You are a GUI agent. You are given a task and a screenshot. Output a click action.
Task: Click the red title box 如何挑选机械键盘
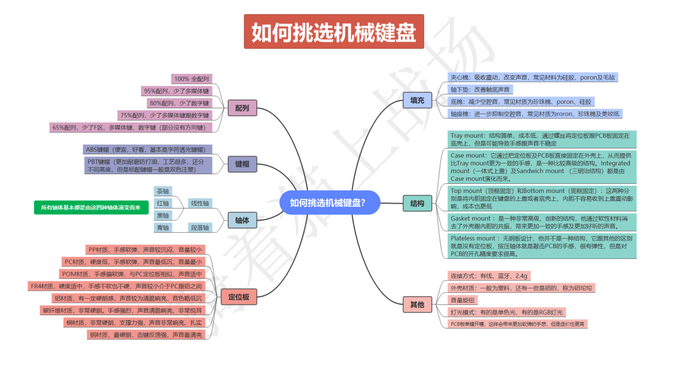point(334,32)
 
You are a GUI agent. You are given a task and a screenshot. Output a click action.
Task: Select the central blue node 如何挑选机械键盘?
point(328,203)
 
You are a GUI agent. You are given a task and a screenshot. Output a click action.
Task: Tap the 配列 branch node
point(242,108)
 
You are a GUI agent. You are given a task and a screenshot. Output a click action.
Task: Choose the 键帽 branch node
point(242,164)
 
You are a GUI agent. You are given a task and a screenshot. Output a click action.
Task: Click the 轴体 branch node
point(242,220)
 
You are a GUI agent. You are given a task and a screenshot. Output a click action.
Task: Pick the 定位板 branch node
point(239,297)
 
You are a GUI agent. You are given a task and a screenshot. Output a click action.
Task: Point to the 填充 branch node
point(417,100)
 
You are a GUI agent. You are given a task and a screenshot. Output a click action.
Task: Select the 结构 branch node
point(417,203)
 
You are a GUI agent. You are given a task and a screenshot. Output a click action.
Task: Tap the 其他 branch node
point(417,305)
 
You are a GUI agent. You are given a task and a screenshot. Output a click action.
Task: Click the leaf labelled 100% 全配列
point(192,79)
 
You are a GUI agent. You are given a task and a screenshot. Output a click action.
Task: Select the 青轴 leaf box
point(163,228)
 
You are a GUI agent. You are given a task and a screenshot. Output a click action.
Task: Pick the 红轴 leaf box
point(163,204)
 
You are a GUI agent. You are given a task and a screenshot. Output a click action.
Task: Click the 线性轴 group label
point(200,204)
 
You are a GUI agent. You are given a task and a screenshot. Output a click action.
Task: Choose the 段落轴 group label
point(200,228)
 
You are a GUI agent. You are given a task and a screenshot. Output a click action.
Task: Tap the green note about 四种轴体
point(91,207)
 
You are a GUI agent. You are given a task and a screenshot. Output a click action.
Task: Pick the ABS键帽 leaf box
point(146,150)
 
